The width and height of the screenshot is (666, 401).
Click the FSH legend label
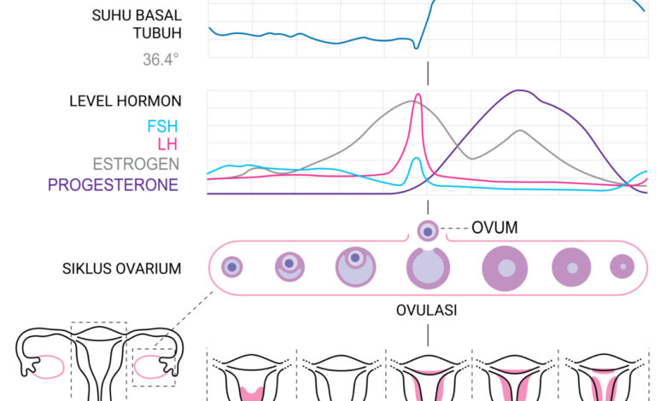[x=162, y=126]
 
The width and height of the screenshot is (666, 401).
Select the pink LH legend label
[x=167, y=144]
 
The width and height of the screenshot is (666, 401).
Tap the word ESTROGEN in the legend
[x=136, y=164]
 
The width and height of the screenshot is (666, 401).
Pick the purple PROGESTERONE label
[x=113, y=185]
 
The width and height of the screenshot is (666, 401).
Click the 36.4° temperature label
[x=161, y=60]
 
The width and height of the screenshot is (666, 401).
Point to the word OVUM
[x=494, y=228]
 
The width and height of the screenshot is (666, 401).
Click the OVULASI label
[x=426, y=311]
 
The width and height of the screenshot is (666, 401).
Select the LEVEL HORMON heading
[x=126, y=101]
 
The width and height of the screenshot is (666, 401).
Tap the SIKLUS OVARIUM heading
[x=122, y=269]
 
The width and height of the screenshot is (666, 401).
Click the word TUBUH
[x=158, y=33]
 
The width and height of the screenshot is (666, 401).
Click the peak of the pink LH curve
[x=418, y=94]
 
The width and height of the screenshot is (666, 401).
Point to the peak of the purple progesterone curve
[x=519, y=90]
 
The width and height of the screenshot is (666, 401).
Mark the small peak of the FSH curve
[x=417, y=159]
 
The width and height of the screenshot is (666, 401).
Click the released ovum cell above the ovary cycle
[x=428, y=231]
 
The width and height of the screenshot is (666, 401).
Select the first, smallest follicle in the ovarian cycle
[x=232, y=267]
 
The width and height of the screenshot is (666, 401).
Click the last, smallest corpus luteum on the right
[x=622, y=266]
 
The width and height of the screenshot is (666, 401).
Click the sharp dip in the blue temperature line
[x=417, y=48]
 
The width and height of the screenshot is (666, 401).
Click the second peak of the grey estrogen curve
[x=520, y=131]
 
